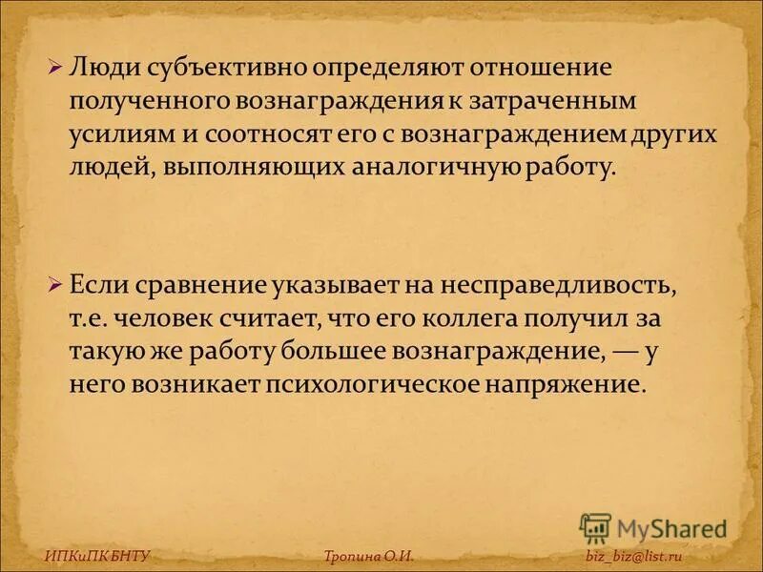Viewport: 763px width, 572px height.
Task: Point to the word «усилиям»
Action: coord(118,133)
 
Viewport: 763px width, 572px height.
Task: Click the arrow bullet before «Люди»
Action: coord(55,69)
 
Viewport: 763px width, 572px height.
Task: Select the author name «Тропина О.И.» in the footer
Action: coord(368,556)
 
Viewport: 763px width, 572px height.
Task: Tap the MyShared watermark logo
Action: coord(653,529)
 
